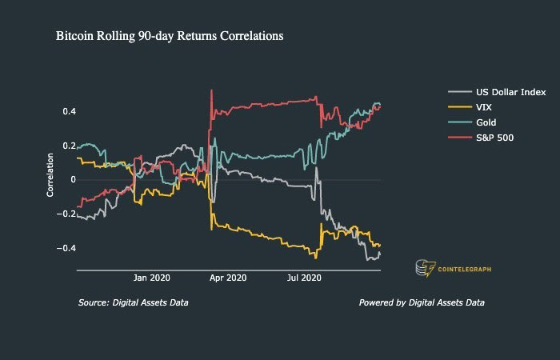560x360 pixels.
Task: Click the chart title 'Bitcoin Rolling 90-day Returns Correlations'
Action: click(169, 37)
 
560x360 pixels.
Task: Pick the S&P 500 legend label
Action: click(495, 138)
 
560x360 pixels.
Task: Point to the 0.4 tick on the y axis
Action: click(69, 111)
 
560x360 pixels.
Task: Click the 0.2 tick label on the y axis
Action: click(69, 146)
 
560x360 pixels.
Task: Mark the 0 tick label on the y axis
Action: click(72, 180)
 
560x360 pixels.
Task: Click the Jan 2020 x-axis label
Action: click(151, 278)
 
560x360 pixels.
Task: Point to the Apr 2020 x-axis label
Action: click(227, 278)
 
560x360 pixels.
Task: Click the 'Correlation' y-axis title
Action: click(50, 175)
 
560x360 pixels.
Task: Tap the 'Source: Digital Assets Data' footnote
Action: click(134, 302)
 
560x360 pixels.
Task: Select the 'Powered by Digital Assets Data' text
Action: click(422, 302)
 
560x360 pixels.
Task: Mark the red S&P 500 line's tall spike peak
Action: click(211, 90)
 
